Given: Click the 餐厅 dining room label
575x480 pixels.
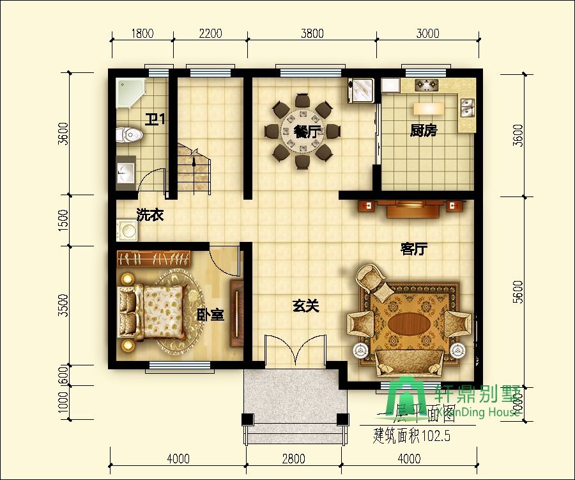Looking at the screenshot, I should click(x=307, y=132).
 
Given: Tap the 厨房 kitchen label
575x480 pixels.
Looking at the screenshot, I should click(x=424, y=131).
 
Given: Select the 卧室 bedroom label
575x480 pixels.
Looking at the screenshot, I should click(x=210, y=314).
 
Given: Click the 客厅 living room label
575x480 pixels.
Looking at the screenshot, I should click(x=413, y=249).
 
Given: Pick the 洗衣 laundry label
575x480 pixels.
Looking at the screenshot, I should click(x=150, y=215).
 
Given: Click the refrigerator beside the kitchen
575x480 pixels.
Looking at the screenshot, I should click(x=361, y=90).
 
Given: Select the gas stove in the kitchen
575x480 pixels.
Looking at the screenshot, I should click(x=426, y=84).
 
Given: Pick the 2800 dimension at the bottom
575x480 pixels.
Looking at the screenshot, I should click(x=293, y=458).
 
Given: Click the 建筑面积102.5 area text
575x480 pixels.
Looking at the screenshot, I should click(x=412, y=438).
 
